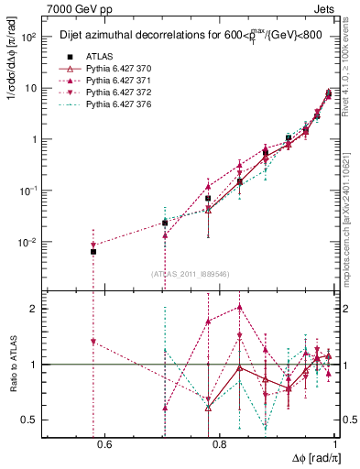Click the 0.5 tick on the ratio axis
[31, 420]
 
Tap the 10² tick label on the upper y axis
[28, 38]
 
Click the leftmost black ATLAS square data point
[93, 252]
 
